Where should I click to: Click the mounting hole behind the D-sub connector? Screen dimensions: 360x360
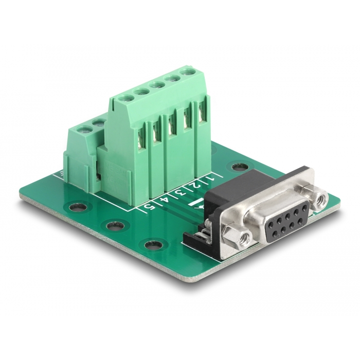(238, 167)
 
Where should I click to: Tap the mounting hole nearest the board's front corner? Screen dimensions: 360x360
(152, 245)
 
